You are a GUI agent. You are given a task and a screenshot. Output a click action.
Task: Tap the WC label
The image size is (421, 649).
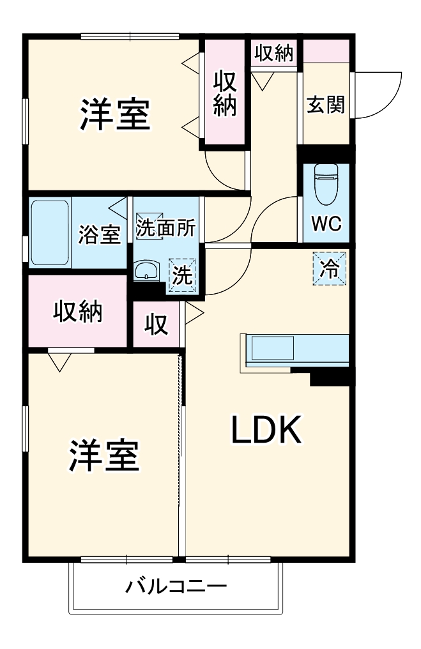pos(326,224)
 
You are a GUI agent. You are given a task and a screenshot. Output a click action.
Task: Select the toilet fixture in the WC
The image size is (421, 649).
pos(326,184)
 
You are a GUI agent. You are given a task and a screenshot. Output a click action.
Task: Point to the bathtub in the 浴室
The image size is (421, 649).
pos(50,233)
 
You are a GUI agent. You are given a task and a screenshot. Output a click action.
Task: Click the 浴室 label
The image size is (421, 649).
pos(100,234)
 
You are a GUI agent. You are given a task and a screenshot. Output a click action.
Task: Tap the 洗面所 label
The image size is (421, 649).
pos(166,227)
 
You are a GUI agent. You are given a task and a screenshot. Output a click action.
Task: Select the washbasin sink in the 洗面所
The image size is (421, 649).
pos(146,271)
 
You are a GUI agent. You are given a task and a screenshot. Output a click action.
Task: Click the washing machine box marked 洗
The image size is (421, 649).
pos(182,275)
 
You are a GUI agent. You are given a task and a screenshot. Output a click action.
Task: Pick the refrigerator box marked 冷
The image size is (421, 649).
pos(330,269)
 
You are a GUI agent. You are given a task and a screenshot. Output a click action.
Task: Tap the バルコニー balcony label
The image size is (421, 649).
pos(176,586)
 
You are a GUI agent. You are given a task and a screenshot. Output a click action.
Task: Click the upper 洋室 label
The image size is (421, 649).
pos(114,114)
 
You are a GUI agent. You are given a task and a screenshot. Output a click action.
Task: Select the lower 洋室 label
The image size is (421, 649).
pos(103,455)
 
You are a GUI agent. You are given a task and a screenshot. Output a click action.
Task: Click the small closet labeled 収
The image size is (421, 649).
pos(157,324)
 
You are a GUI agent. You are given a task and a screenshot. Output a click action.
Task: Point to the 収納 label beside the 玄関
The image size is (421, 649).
pos(273,53)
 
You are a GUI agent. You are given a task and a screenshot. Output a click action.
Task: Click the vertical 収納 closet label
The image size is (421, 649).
pos(225,93)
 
